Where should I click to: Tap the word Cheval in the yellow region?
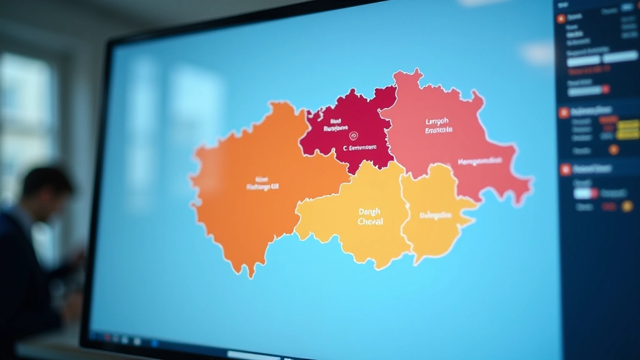click(x=371, y=221)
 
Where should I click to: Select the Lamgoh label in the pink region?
click(x=424, y=121)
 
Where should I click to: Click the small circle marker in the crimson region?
click(x=353, y=135)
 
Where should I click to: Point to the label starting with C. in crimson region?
click(x=360, y=148)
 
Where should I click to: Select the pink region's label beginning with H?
click(x=479, y=161)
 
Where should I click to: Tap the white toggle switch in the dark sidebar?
click(x=586, y=192)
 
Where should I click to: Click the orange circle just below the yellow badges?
click(x=614, y=149)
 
